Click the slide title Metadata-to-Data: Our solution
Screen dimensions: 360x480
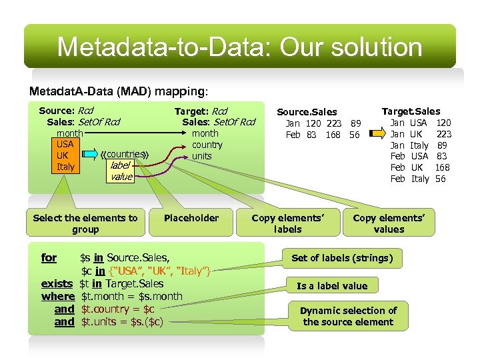point(239,47)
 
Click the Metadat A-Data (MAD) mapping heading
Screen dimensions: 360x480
point(119,91)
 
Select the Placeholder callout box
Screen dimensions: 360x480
point(191,218)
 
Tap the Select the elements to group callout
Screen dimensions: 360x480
point(85,223)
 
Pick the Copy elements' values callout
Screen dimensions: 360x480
point(389,223)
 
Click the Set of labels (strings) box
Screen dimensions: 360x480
point(342,258)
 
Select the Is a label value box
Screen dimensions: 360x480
point(332,285)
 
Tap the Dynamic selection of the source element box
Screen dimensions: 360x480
point(348,316)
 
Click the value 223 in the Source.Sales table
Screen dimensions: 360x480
point(333,123)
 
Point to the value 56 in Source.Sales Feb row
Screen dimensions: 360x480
point(355,135)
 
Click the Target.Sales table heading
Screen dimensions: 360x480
point(411,111)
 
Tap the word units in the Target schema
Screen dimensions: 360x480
point(201,156)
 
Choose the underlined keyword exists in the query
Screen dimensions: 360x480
point(57,284)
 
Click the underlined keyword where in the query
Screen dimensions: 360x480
point(58,297)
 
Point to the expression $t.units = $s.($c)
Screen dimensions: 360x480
point(122,322)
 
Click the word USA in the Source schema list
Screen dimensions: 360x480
point(65,144)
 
